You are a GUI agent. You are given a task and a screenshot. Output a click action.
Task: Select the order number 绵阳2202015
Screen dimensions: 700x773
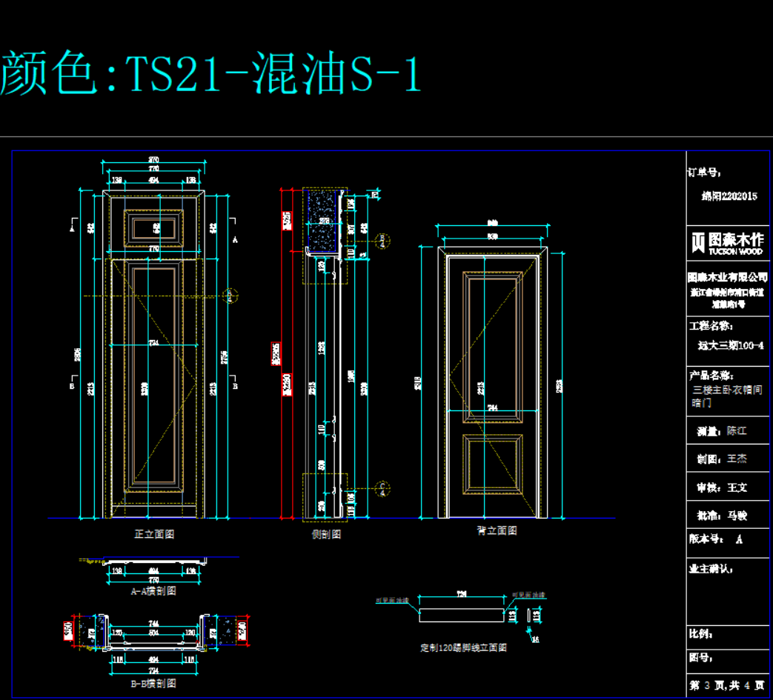729,196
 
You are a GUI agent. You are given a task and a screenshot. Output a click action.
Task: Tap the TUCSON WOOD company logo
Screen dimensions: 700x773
726,242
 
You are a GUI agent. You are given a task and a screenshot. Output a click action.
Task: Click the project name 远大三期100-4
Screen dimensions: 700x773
731,345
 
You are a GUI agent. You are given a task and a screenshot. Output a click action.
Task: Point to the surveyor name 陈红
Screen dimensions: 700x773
737,430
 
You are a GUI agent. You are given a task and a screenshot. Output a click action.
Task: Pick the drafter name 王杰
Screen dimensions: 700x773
737,459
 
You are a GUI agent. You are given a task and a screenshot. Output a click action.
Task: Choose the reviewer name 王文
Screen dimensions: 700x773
737,487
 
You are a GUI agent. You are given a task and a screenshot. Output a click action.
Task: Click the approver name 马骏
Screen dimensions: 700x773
737,515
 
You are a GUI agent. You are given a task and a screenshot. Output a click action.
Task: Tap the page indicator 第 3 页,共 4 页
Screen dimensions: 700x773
726,685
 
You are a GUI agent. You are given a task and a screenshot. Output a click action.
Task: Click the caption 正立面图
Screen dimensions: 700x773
154,533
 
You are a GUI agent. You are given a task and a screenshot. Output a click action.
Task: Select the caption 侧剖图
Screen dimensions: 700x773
326,533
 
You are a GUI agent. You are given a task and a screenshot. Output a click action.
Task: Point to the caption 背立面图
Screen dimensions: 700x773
497,530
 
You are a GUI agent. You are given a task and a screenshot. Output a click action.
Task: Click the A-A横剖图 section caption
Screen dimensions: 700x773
153,591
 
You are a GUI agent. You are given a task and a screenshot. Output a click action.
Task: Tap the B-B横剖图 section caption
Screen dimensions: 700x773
153,683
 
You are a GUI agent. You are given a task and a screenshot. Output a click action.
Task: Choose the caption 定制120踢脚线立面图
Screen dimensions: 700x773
463,647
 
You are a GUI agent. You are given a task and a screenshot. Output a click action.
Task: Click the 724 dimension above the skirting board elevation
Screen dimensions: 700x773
462,595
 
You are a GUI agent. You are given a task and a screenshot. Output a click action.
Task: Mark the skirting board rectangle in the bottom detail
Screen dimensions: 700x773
461,615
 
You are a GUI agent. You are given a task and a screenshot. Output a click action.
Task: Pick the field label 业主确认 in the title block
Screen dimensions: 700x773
711,569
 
